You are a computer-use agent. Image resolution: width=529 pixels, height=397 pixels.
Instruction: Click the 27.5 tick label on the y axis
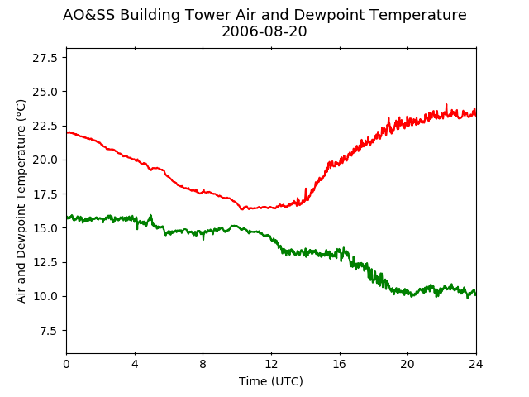pyautogui.click(x=45, y=58)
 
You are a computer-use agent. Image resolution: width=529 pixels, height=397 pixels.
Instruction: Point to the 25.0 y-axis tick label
pyautogui.click(x=45, y=92)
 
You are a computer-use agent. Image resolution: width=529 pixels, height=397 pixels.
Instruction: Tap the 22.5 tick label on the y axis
pyautogui.click(x=45, y=126)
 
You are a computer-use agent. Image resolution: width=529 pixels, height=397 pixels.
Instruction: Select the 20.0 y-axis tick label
pyautogui.click(x=45, y=160)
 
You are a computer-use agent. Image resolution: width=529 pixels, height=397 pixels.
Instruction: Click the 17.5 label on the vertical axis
pyautogui.click(x=45, y=194)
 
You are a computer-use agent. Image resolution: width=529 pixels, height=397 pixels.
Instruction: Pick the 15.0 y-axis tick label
pyautogui.click(x=45, y=228)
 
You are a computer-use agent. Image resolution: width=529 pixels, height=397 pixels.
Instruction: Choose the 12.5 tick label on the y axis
pyautogui.click(x=45, y=262)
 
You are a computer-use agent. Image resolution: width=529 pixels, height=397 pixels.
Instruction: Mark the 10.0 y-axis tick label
pyautogui.click(x=45, y=296)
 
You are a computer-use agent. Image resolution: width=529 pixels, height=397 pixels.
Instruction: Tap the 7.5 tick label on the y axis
pyautogui.click(x=49, y=331)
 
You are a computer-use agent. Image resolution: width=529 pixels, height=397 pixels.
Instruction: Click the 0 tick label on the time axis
pyautogui.click(x=66, y=364)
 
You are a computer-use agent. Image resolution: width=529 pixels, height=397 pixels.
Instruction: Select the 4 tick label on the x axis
pyautogui.click(x=135, y=364)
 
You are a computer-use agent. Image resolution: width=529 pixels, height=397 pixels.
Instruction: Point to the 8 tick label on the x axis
pyautogui.click(x=203, y=364)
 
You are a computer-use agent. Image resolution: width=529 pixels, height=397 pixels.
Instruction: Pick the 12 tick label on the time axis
pyautogui.click(x=272, y=364)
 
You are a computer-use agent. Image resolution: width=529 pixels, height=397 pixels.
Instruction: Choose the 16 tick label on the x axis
pyautogui.click(x=340, y=364)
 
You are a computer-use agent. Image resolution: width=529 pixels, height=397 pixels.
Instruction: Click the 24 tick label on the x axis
pyautogui.click(x=476, y=364)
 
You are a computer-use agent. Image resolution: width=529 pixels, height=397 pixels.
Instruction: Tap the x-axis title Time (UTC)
pyautogui.click(x=271, y=381)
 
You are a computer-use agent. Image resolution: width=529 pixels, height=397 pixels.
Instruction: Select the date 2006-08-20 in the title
pyautogui.click(x=264, y=31)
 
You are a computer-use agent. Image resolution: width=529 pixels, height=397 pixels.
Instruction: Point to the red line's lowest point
pyautogui.click(x=241, y=209)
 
